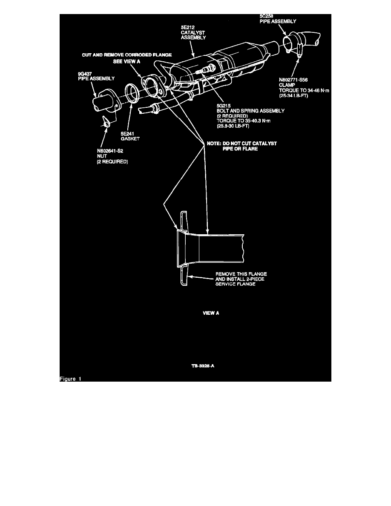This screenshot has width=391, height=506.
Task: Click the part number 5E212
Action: click(x=187, y=26)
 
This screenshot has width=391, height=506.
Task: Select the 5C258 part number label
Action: click(x=267, y=16)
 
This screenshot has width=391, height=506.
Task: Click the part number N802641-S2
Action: click(x=112, y=150)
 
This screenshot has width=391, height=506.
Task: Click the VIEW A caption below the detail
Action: click(x=210, y=313)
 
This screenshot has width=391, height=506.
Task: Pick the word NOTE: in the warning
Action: click(x=213, y=144)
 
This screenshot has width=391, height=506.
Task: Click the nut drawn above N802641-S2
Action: click(x=107, y=123)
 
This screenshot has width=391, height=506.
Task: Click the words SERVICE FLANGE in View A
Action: click(x=236, y=284)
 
